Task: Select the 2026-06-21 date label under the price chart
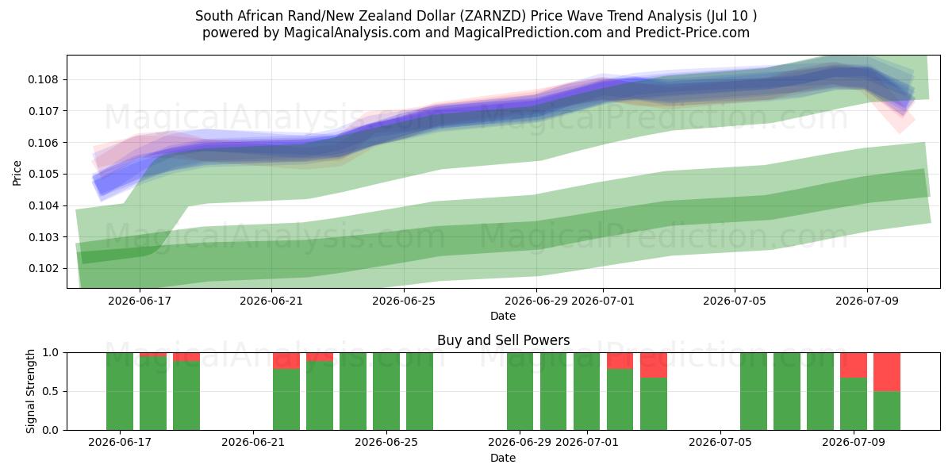[271, 301]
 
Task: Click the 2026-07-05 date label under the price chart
[735, 301]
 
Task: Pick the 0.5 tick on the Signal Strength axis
[50, 391]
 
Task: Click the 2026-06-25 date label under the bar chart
[386, 442]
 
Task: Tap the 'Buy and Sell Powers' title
[503, 340]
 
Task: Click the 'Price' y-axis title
[17, 173]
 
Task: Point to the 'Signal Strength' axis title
[30, 391]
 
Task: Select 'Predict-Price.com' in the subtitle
[693, 33]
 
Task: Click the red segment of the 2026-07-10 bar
[887, 372]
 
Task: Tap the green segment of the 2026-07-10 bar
[887, 411]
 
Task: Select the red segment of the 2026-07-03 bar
[654, 365]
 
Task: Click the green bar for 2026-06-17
[120, 391]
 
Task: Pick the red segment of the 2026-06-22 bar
[286, 361]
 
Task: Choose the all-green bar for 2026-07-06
[754, 391]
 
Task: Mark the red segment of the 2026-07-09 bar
[854, 365]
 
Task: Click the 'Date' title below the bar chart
[503, 458]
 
